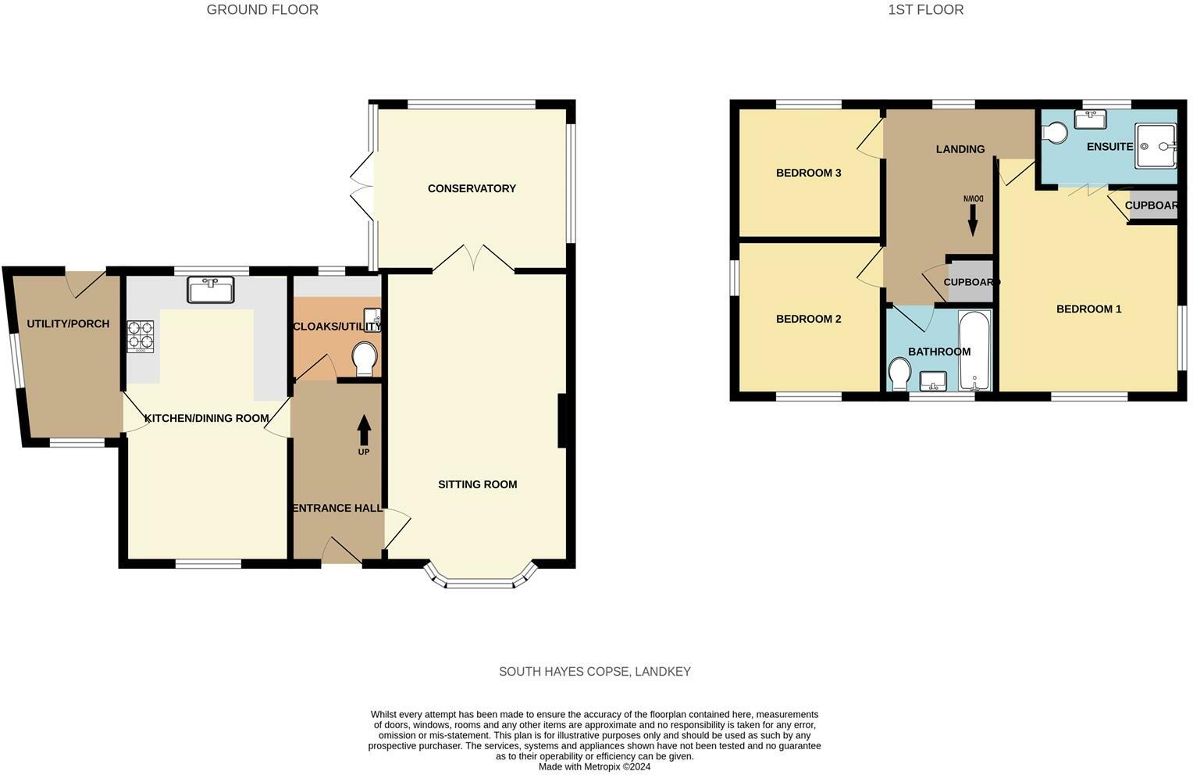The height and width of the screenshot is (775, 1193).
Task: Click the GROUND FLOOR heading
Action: pos(262,10)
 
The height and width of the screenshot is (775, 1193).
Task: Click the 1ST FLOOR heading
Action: pos(925,10)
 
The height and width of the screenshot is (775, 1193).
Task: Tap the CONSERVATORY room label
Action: pos(472,188)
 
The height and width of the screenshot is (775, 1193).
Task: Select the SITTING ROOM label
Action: pos(477,484)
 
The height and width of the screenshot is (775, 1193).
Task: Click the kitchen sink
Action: pos(211,290)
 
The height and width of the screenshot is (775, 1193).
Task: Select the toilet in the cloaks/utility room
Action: pos(365,359)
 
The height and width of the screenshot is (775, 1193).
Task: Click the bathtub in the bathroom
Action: pos(974,351)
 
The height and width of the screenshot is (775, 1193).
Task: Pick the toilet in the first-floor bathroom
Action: pos(899,373)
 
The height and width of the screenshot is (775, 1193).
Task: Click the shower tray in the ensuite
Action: pos(1156,145)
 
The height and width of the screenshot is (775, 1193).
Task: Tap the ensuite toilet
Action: pos(1055,134)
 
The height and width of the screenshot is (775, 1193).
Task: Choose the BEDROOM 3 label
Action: pos(808,173)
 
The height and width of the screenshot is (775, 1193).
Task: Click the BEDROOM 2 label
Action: pos(808,319)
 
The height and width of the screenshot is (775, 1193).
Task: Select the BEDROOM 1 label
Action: pos(1088,309)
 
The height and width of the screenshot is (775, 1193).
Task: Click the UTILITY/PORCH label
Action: pos(68,323)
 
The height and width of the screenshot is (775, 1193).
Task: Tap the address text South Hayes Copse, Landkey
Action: pos(595,672)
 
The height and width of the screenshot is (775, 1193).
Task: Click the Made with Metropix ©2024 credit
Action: pos(594,767)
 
